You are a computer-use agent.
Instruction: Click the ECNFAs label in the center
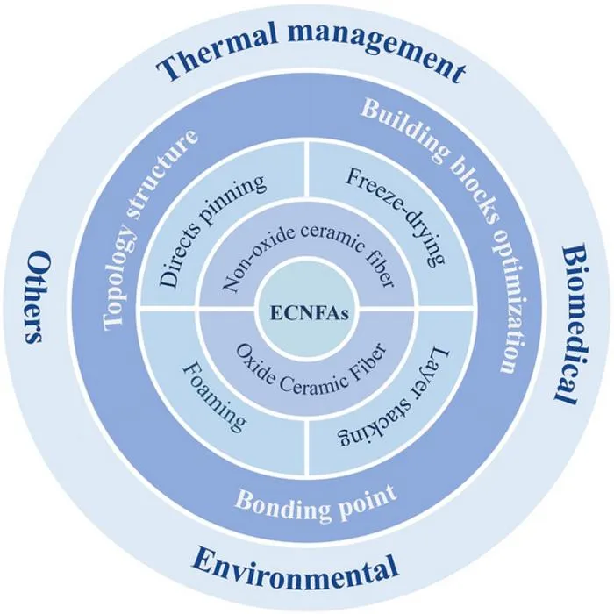(x=309, y=314)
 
